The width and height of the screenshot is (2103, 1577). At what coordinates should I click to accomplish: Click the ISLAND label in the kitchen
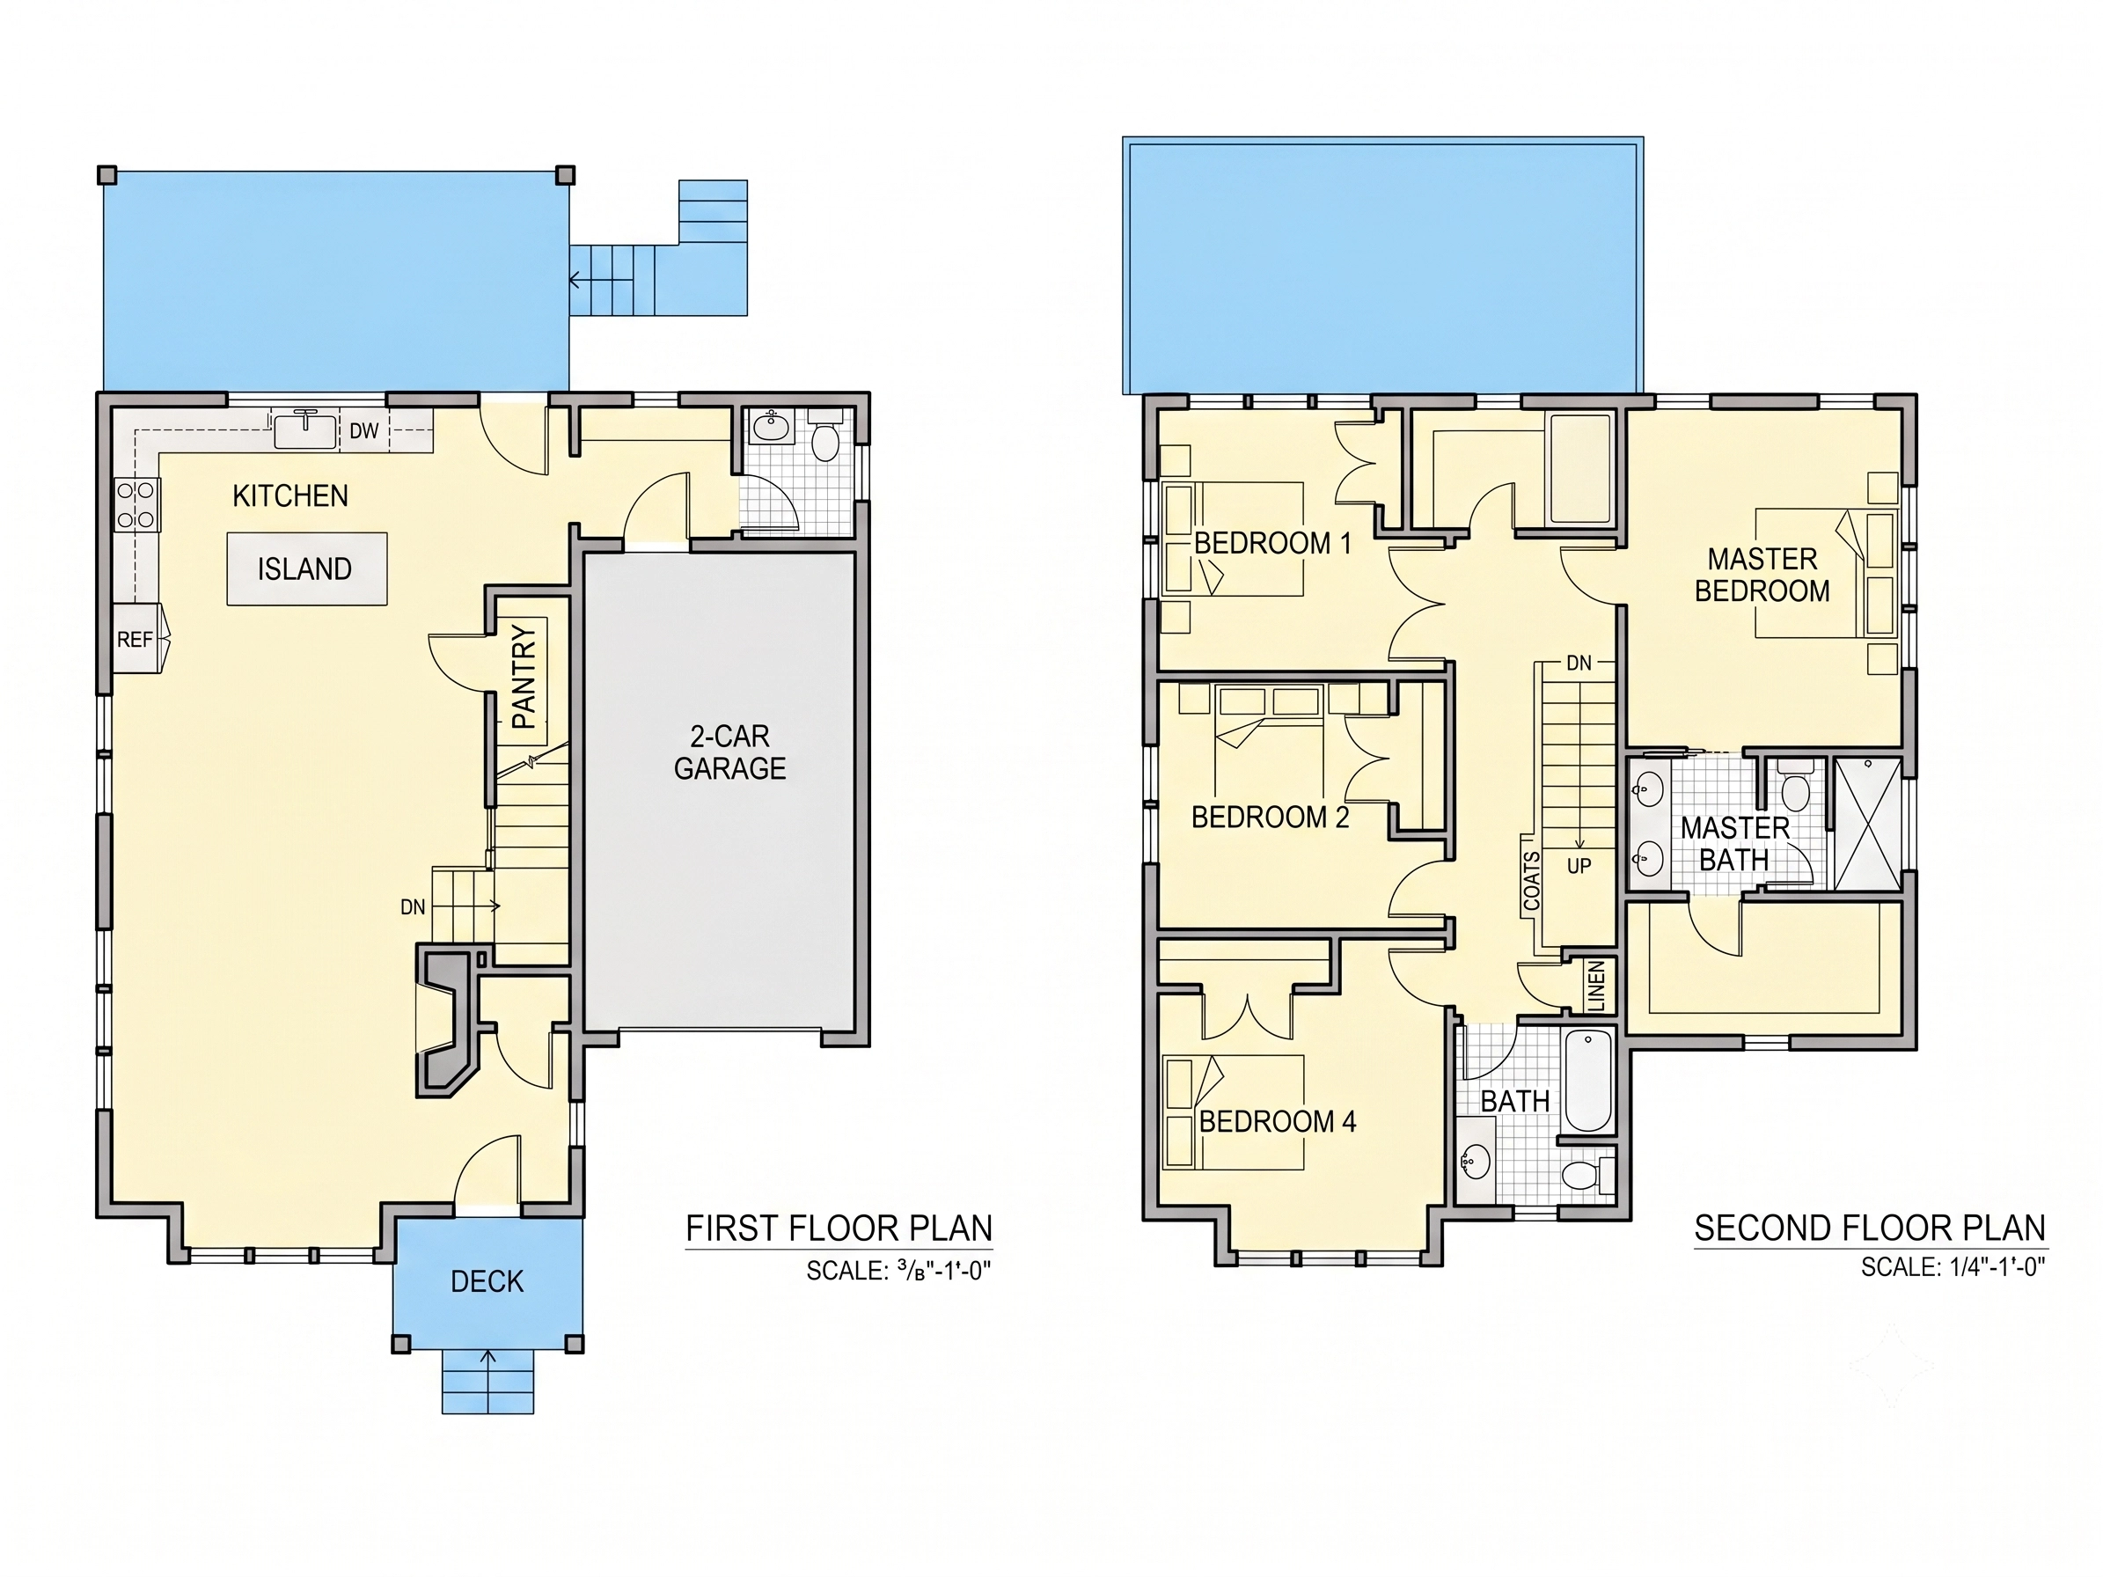(x=305, y=569)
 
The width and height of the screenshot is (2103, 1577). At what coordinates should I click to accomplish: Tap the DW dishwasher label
(x=364, y=430)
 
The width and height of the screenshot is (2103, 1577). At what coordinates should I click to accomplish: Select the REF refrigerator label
(x=134, y=640)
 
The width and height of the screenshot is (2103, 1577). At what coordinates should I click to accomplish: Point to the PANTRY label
(x=524, y=676)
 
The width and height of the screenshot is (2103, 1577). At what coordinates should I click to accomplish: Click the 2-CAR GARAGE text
(x=730, y=752)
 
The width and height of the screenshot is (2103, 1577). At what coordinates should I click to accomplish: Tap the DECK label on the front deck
(x=487, y=1281)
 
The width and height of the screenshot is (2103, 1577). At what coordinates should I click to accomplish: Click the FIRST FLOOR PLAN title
(x=839, y=1229)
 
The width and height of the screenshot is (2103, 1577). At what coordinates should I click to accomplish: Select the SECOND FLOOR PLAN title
(x=1870, y=1229)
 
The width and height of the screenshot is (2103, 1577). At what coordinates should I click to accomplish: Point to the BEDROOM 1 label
(x=1272, y=544)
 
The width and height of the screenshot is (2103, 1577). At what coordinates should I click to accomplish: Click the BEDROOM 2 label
(x=1271, y=817)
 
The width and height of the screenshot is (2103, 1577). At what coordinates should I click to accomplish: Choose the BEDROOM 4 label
(x=1277, y=1122)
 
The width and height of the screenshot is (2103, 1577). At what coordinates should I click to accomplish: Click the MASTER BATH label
(x=1735, y=843)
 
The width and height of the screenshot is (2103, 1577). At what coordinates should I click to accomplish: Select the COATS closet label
(x=1532, y=881)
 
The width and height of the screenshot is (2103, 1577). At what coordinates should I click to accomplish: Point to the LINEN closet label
(x=1596, y=986)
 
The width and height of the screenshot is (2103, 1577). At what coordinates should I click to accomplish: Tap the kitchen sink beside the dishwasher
(x=306, y=429)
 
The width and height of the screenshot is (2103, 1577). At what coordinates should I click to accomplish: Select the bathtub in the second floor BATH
(x=1587, y=1081)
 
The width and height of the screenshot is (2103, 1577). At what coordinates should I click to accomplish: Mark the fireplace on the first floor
(x=445, y=1020)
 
